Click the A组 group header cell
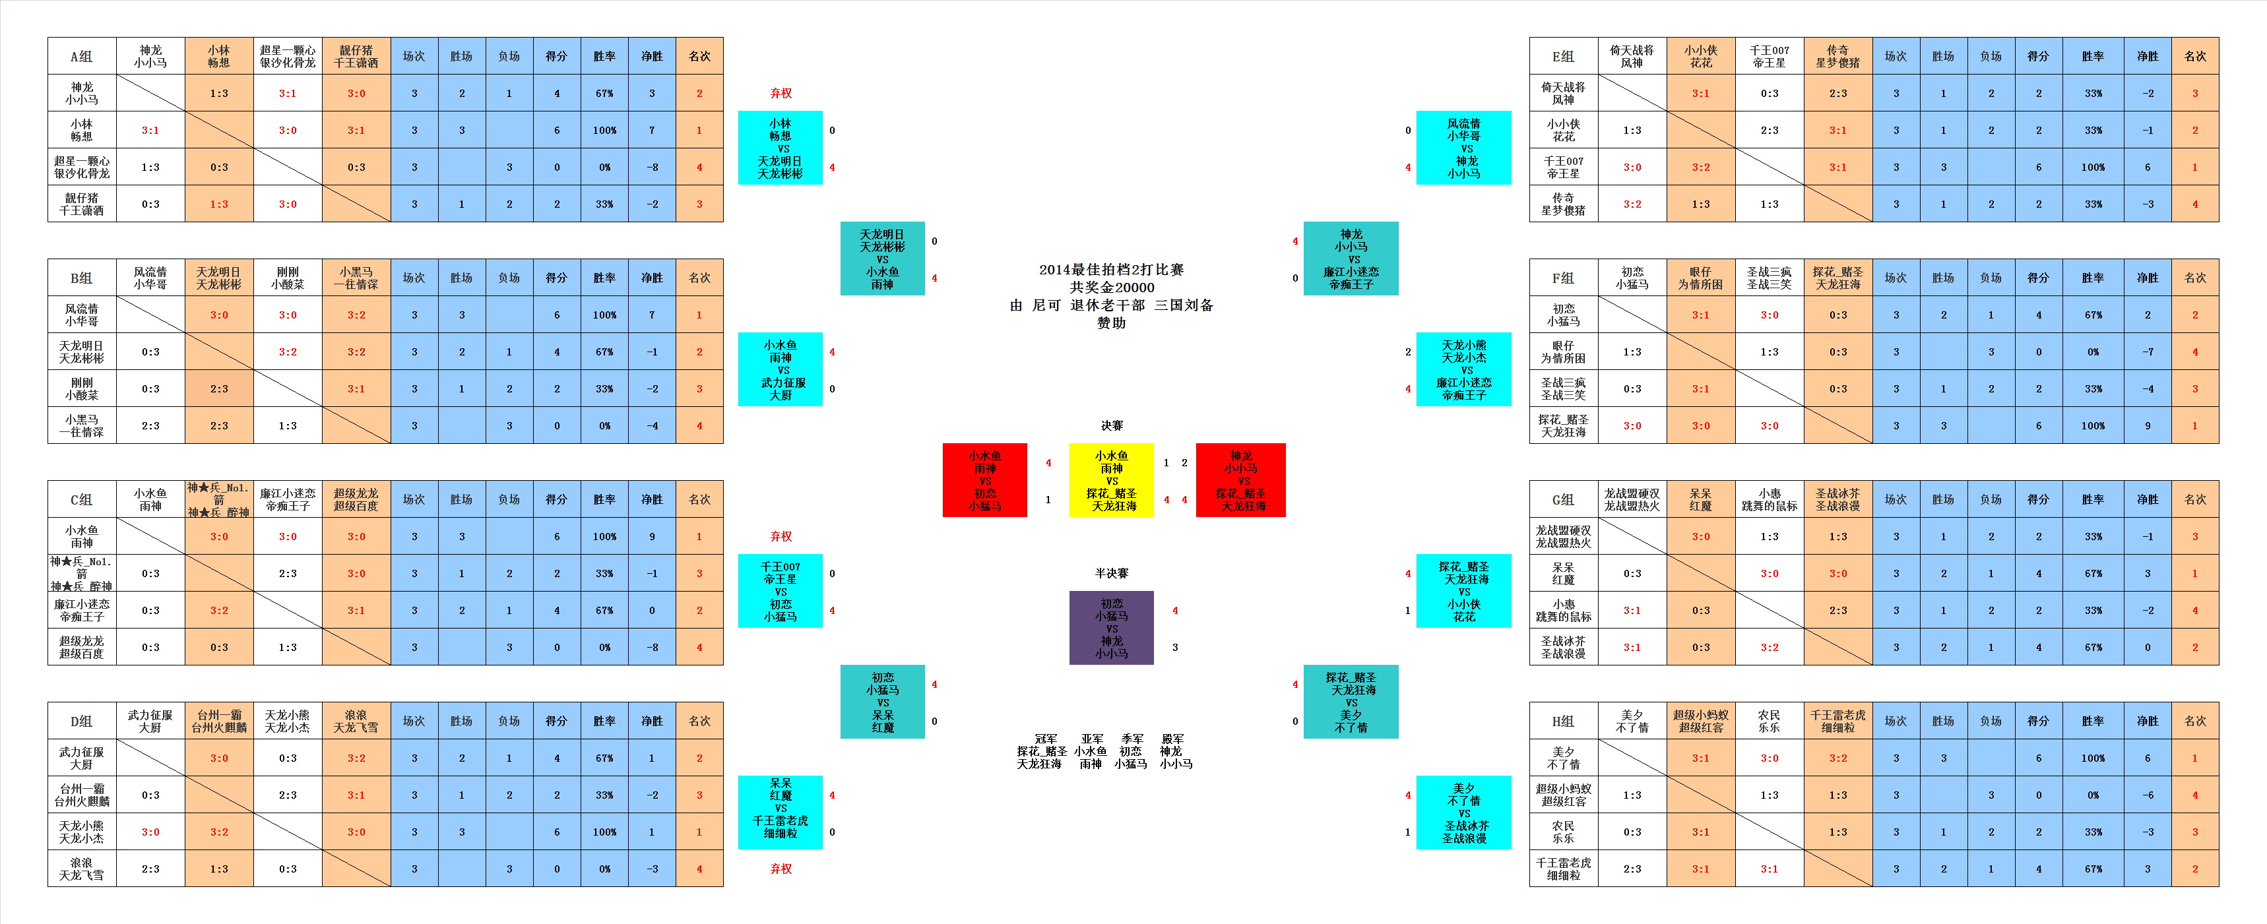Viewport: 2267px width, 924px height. coord(81,56)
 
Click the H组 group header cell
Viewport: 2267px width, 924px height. coord(1562,721)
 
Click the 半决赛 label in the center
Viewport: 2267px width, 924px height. coord(1112,574)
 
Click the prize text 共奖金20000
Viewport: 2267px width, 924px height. coord(1112,288)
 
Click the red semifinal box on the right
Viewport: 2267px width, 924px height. coord(1241,481)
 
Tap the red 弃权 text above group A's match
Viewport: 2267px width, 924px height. coord(781,93)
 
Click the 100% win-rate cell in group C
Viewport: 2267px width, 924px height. coord(604,537)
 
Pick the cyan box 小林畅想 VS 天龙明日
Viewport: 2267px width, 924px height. coord(780,148)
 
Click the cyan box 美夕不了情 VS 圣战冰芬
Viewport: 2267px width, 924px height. coord(1463,813)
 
